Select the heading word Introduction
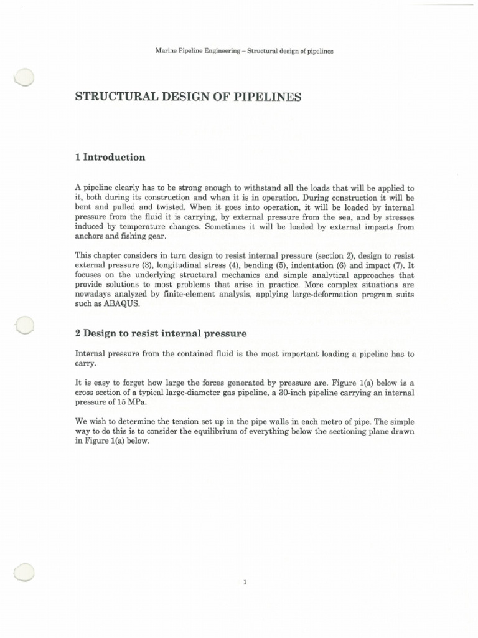115,158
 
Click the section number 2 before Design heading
77,333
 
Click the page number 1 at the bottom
246,584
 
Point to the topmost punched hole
23,78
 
